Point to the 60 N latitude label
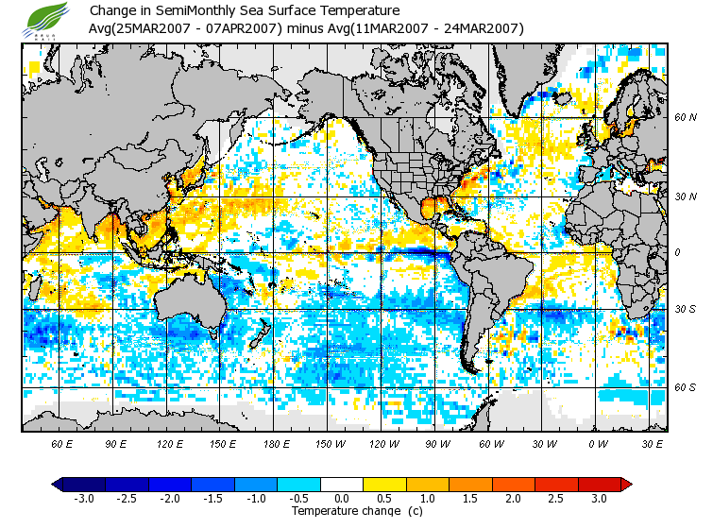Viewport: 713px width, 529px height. coord(686,118)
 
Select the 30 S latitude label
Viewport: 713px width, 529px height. coord(686,309)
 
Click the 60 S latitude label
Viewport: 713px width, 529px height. coord(686,387)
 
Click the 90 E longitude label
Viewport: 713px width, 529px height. coord(115,443)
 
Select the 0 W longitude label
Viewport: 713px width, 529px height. coord(598,443)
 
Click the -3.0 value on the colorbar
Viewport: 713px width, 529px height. coord(84,498)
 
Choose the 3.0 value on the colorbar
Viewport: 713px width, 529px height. coord(599,498)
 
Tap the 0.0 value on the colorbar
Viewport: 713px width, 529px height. coord(342,498)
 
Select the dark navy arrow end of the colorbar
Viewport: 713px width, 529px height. coord(58,484)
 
